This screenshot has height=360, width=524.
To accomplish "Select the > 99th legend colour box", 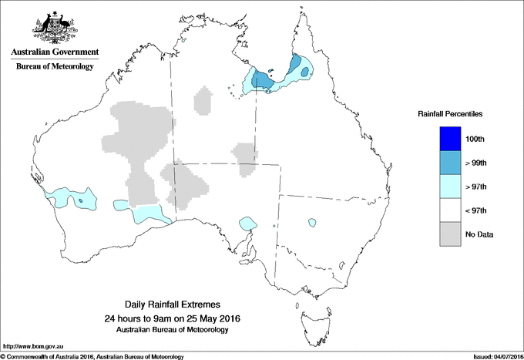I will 450,162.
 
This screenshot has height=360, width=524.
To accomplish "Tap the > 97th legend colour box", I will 450,186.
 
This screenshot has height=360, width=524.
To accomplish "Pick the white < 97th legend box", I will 450,210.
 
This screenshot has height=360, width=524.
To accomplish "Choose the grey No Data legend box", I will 450,234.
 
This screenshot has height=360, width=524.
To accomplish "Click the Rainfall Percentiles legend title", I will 450,113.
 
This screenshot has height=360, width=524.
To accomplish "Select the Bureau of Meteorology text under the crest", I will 54,67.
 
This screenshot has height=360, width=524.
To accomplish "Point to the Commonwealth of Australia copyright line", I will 92,356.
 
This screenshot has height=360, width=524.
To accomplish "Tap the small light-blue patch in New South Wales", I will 312,224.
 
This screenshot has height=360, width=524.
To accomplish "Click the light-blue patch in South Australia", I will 247,223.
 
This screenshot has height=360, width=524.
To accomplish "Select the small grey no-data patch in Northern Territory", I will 204,101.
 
